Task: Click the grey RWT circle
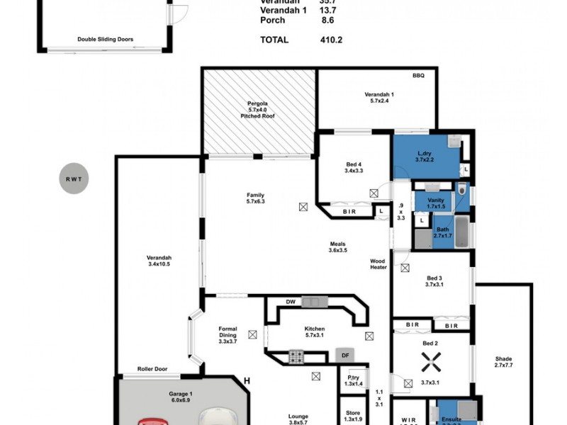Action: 74,179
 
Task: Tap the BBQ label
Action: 419,76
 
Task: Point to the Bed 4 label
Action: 353,165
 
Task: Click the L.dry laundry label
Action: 425,154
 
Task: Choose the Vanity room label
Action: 436,200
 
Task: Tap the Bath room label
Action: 442,229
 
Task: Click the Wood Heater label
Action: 378,263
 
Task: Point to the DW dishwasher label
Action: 291,302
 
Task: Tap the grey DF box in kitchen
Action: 345,355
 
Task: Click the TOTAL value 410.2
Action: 330,40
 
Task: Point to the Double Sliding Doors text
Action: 106,40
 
